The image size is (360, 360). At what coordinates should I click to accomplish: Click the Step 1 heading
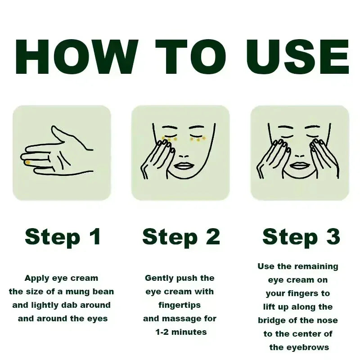point(63,237)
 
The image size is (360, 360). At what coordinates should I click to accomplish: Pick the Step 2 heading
point(181,237)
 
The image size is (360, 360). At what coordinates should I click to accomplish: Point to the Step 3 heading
point(301,237)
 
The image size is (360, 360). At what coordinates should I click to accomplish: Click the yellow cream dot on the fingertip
point(28,162)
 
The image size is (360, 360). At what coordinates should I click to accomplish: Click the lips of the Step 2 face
point(183,165)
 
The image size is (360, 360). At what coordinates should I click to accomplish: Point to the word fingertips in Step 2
point(180,305)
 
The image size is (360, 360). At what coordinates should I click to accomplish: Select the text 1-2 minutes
point(181,332)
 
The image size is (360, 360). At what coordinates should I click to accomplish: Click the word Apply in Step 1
point(37,278)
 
